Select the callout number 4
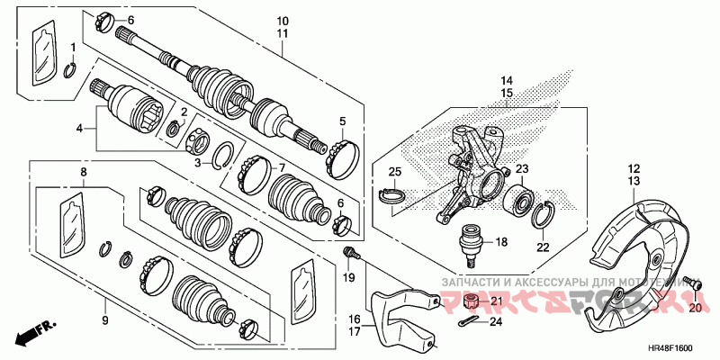tap(79, 129)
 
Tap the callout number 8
tap(84, 171)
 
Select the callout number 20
tap(694, 308)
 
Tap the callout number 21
tap(496, 301)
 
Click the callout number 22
tap(542, 247)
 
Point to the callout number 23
tap(522, 168)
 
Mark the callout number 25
tap(393, 172)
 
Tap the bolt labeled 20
tap(692, 285)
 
